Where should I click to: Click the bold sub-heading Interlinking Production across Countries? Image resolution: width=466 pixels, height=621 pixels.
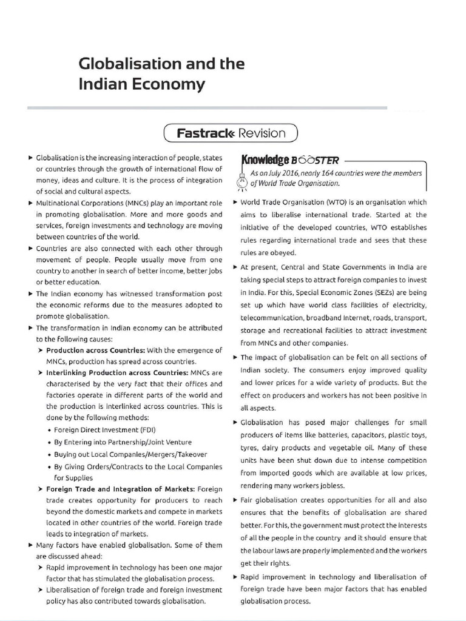coord(117,372)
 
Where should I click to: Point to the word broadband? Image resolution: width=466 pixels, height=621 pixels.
coord(328,317)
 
